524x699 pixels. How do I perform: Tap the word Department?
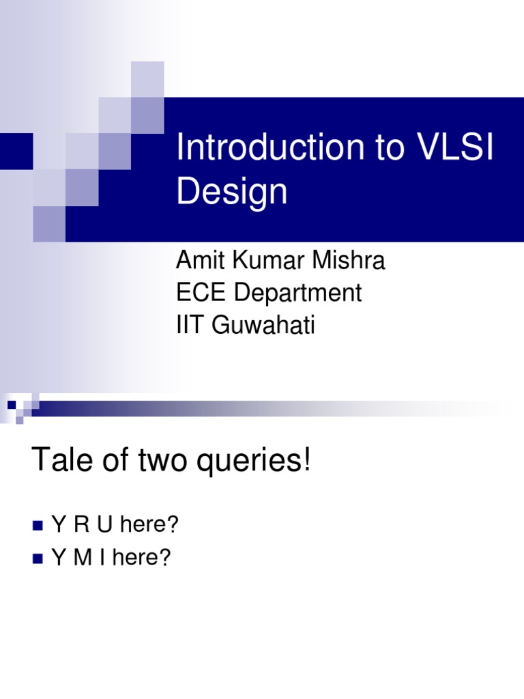point(297,293)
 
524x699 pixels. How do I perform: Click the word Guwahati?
point(264,326)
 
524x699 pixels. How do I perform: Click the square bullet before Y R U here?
point(38,526)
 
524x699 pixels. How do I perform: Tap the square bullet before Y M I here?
point(38,559)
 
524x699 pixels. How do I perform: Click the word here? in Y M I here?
point(142,558)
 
